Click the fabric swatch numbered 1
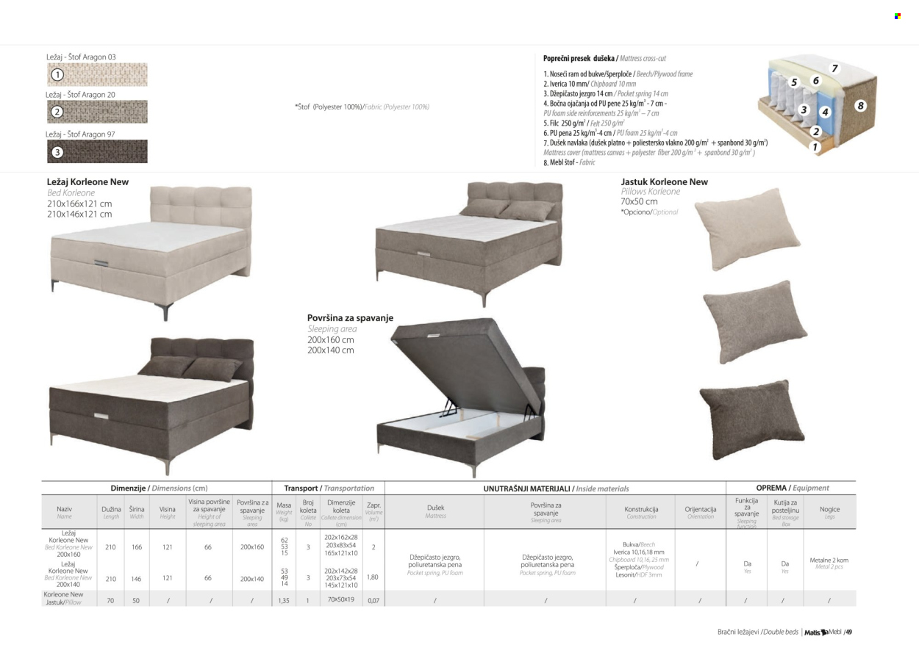[x=97, y=74]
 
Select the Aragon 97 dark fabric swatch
[x=97, y=151]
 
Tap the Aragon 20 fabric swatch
[x=97, y=112]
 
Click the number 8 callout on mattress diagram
[x=860, y=106]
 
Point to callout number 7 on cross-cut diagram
[x=835, y=68]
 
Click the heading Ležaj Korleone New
[x=88, y=181]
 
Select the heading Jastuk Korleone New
[x=664, y=181]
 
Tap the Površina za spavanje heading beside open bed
[x=350, y=318]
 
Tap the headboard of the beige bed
[x=201, y=213]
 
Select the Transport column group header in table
[x=329, y=488]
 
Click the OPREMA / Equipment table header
[x=792, y=488]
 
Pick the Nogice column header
[x=829, y=509]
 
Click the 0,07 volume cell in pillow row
[x=373, y=600]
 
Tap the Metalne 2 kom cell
[x=829, y=563]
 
